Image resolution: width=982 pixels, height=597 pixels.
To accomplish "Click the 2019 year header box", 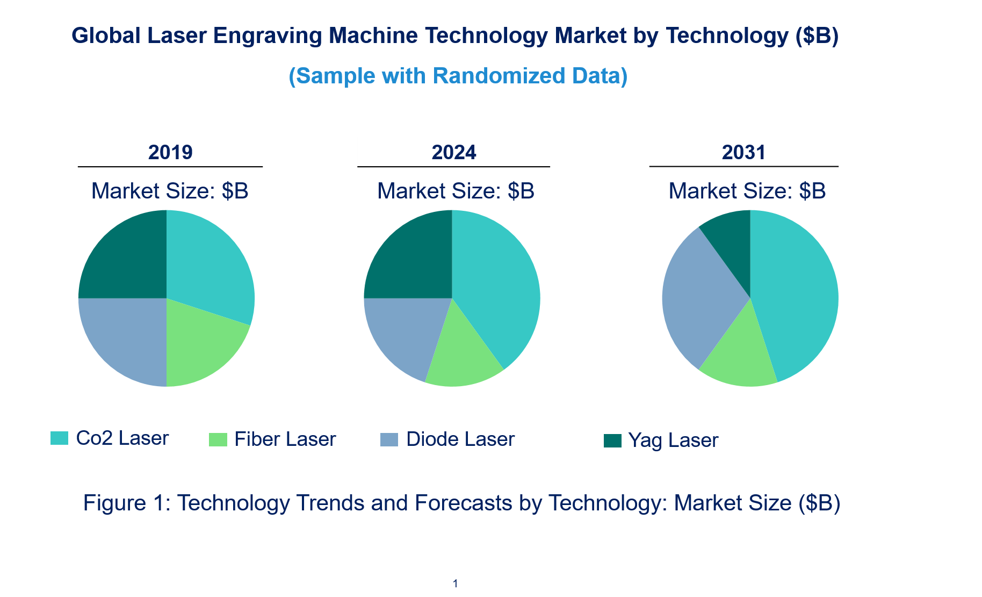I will click(x=170, y=152).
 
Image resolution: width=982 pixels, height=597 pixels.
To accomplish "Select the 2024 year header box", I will click(x=453, y=152).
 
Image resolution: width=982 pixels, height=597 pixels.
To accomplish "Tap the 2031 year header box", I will click(x=743, y=152).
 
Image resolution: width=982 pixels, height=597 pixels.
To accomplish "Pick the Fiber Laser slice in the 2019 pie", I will click(x=201, y=350).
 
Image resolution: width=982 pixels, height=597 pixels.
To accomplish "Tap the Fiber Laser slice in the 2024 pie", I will click(x=462, y=360).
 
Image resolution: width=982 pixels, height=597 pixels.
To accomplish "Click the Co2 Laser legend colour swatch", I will click(x=59, y=438).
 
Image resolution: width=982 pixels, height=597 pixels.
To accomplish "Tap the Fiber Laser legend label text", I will click(x=285, y=439).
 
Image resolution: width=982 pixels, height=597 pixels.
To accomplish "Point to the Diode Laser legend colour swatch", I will click(x=389, y=439).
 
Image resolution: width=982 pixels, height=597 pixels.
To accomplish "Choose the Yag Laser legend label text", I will click(x=673, y=440).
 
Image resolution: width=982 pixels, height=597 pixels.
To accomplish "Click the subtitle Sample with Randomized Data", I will click(x=458, y=76).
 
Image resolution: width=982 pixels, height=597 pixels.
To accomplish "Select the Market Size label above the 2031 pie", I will click(x=747, y=191).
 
